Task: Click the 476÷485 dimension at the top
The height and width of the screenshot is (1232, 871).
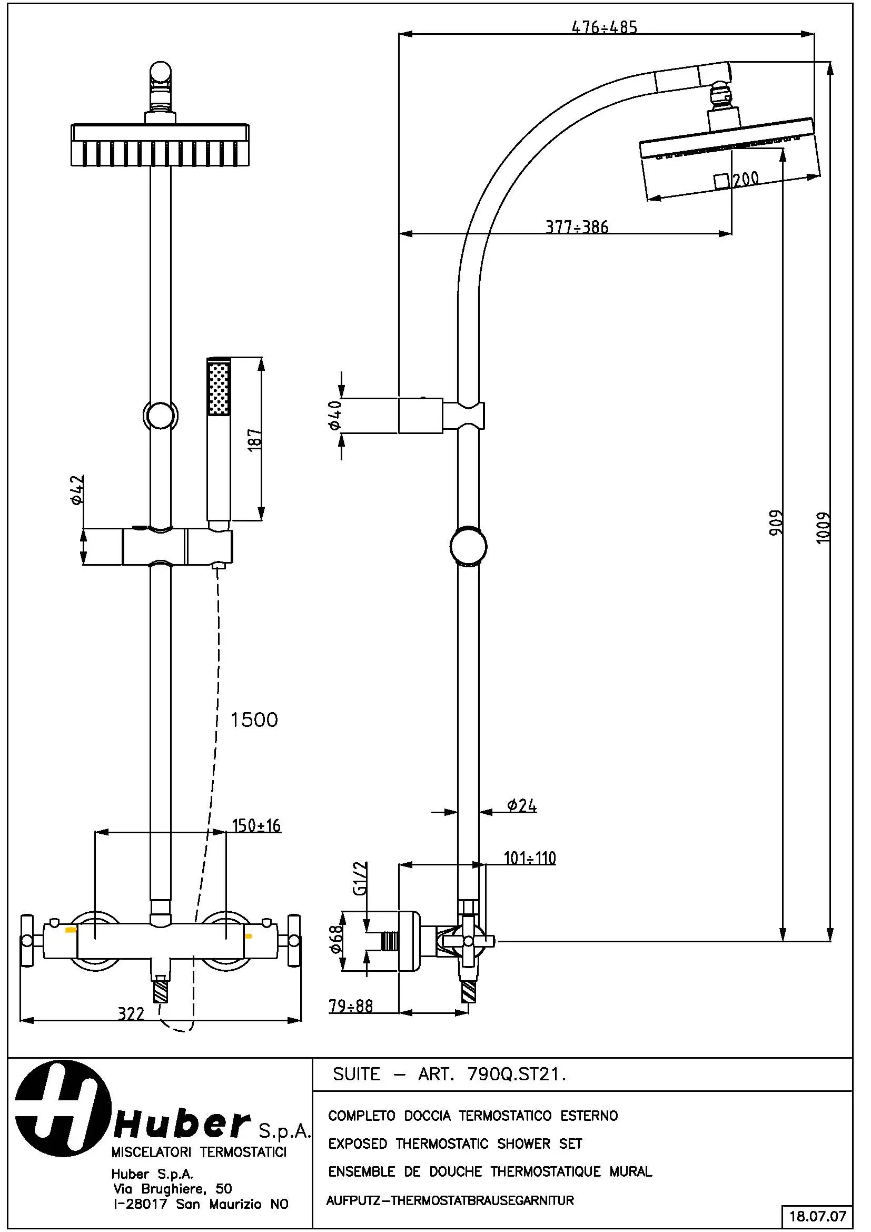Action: click(605, 27)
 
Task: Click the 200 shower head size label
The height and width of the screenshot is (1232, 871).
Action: click(746, 179)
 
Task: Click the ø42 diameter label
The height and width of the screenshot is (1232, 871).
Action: click(76, 490)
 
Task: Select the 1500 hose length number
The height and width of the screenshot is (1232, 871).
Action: click(254, 720)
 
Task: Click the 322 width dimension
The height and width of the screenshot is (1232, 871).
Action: click(132, 1013)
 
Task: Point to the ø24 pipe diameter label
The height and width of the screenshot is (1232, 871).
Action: click(522, 805)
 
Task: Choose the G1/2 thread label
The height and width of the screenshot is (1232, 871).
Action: click(360, 879)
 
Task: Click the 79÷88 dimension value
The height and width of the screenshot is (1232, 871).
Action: click(351, 1006)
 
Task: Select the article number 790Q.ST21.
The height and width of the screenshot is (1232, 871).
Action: click(517, 1074)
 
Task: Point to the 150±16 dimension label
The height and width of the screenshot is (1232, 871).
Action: click(256, 825)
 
